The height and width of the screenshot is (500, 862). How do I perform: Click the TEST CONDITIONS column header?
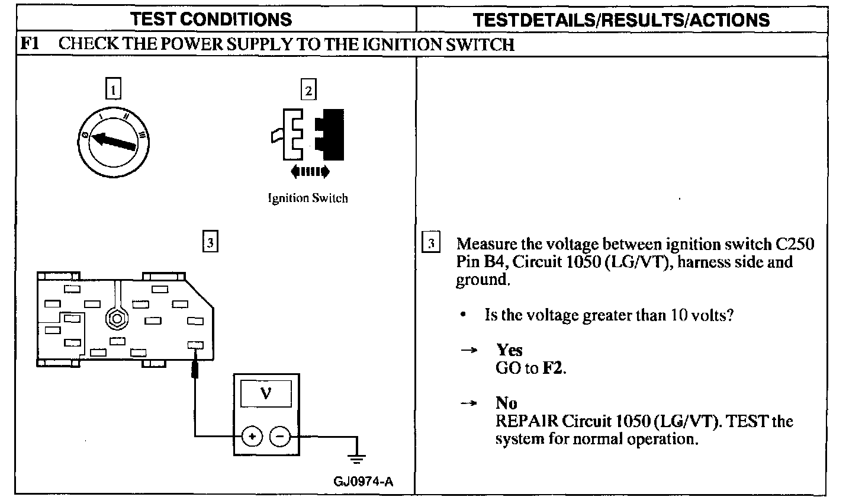pos(211,19)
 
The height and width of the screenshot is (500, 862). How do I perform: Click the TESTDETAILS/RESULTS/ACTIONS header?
pos(622,20)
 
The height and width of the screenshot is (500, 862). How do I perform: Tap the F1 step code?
pos(30,44)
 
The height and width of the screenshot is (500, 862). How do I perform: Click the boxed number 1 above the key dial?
pos(113,89)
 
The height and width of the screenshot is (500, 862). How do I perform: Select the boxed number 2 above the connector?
pos(308,90)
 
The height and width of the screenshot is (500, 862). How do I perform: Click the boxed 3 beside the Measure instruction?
pos(431,243)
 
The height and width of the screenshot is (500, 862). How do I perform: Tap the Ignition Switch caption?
pos(307,198)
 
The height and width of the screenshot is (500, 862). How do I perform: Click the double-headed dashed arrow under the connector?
pos(310,172)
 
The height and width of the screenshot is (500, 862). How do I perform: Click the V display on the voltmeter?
pos(266,393)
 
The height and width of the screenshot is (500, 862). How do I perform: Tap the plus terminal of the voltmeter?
pos(252,437)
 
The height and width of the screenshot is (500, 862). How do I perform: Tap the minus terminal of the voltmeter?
pos(280,437)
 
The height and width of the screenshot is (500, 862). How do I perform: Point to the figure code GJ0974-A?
pos(363,481)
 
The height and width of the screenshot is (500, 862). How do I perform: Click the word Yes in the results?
pos(509,350)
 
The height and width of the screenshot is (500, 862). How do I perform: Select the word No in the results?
pos(506,403)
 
